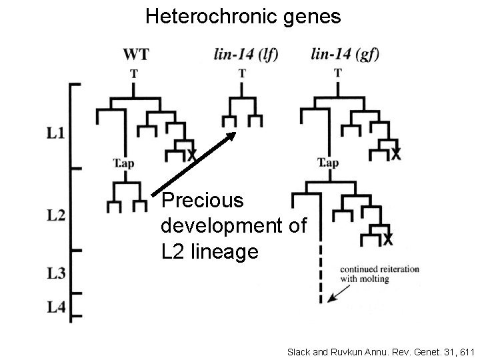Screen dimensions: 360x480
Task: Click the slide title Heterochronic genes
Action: pyautogui.click(x=243, y=16)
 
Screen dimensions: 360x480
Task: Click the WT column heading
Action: pyautogui.click(x=136, y=54)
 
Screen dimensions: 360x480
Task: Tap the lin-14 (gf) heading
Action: pyautogui.click(x=345, y=54)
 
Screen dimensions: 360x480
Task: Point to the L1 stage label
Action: pyautogui.click(x=56, y=133)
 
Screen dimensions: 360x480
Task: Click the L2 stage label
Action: pyautogui.click(x=56, y=215)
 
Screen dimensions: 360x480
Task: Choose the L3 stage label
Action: pyautogui.click(x=56, y=272)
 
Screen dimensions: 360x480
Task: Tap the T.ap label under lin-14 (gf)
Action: pyautogui.click(x=328, y=163)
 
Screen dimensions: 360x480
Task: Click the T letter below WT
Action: pyautogui.click(x=134, y=74)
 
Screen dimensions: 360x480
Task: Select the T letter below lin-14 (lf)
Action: pyautogui.click(x=241, y=74)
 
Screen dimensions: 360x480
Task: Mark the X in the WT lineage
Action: pyautogui.click(x=191, y=155)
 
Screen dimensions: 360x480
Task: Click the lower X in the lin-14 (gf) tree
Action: pyautogui.click(x=387, y=239)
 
